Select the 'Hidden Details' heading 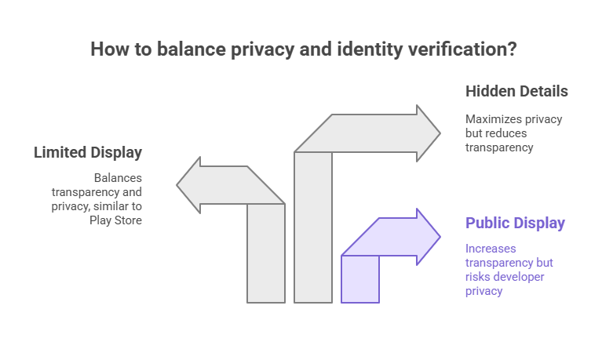[516, 91]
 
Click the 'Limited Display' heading [88, 152]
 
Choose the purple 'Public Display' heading [515, 223]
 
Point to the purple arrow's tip [440, 236]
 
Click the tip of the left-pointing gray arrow [178, 185]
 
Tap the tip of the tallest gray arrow [440, 133]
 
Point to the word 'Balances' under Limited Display [118, 178]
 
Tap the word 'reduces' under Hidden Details [511, 133]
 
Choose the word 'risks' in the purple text [482, 276]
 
